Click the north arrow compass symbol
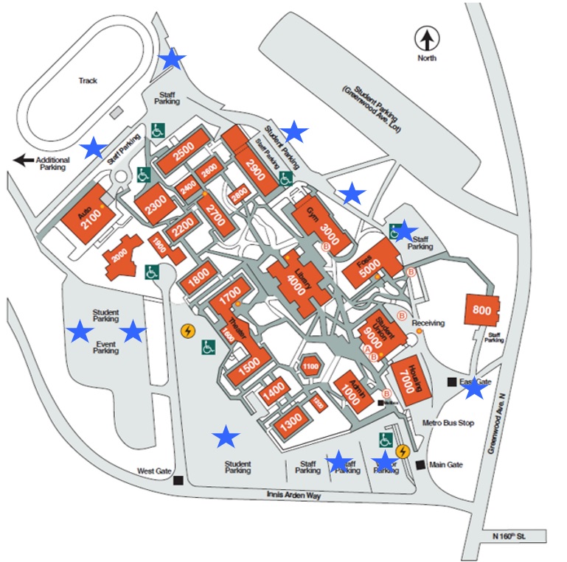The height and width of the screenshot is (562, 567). [x=426, y=37]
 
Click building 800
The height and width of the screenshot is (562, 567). [x=481, y=310]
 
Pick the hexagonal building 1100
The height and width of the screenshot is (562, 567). [x=310, y=365]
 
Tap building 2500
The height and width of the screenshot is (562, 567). [x=183, y=155]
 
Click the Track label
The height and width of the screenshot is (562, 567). [x=88, y=81]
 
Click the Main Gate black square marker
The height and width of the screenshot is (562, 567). [x=420, y=465]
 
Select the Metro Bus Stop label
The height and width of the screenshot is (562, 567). [x=448, y=424]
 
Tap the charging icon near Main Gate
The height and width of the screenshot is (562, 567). [x=403, y=452]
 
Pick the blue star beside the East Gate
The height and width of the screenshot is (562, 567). [x=474, y=390]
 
